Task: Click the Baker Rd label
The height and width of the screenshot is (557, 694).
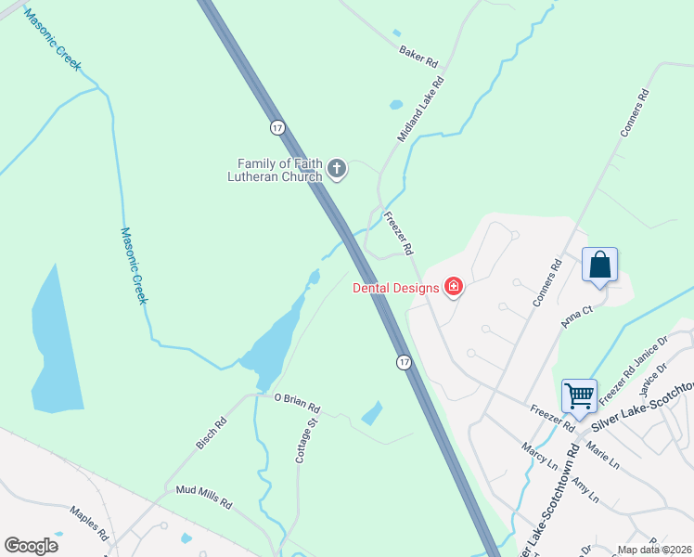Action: [418, 56]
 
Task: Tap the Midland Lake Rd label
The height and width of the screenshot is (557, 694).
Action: [421, 109]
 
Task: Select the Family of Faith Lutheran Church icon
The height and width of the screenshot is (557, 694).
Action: [337, 169]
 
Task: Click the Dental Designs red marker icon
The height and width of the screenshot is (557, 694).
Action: [454, 287]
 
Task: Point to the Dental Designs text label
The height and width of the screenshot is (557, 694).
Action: [395, 288]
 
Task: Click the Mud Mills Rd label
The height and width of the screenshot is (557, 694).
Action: [202, 496]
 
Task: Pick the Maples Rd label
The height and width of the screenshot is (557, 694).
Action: [90, 525]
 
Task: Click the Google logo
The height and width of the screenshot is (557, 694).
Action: [31, 546]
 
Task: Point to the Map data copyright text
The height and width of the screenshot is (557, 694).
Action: [655, 550]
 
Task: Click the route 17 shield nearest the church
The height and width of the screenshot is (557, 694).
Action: [276, 126]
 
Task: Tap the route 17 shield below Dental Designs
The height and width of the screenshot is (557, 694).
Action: [404, 361]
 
